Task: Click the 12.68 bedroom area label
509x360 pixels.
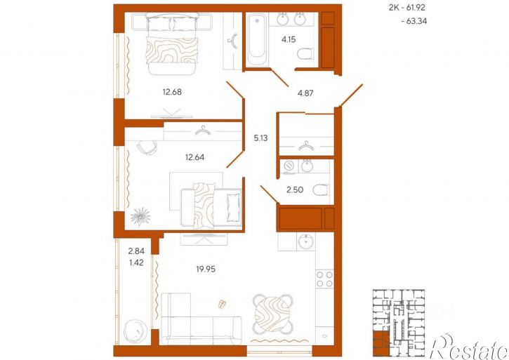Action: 172,92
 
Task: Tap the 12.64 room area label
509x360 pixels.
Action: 194,157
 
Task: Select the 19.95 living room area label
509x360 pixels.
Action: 206,269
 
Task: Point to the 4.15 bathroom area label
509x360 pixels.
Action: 289,39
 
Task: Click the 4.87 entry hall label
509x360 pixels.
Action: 305,93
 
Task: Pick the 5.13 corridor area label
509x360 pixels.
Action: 260,138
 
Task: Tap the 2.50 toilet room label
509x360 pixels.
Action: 295,189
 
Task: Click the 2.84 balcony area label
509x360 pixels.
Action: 136,251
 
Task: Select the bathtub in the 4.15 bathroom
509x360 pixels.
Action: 257,40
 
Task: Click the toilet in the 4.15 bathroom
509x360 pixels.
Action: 305,53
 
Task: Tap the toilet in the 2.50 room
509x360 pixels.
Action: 321,190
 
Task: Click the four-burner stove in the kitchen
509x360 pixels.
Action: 324,279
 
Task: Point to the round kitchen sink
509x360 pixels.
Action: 306,242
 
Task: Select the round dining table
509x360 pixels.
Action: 272,314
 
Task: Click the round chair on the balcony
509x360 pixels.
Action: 135,331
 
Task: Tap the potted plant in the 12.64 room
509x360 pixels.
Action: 140,217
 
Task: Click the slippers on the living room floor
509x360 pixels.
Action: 222,304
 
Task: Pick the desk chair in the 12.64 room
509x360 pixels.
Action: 147,147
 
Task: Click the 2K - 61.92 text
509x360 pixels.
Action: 407,8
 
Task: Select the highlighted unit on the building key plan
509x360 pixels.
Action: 381,343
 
